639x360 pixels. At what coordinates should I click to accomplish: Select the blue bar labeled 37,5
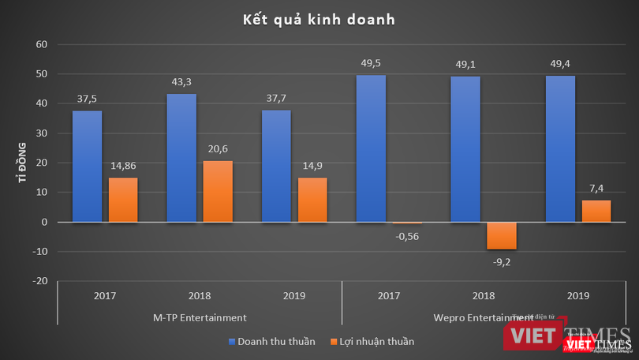(x=87, y=166)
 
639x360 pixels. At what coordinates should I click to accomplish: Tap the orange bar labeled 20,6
(x=217, y=191)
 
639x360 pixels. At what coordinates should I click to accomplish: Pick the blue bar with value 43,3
(x=181, y=158)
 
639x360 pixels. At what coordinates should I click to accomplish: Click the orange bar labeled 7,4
(x=596, y=211)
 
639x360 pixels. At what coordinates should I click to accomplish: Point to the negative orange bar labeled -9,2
(x=501, y=235)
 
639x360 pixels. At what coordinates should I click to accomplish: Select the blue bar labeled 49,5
(x=371, y=148)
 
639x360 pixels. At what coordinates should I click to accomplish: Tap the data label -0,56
(x=408, y=234)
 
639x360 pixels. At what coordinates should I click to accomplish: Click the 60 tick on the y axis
(x=43, y=44)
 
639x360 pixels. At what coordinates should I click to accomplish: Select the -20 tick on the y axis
(x=41, y=281)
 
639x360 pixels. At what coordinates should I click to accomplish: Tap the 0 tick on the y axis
(x=46, y=222)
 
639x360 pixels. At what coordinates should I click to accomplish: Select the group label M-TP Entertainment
(x=200, y=317)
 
